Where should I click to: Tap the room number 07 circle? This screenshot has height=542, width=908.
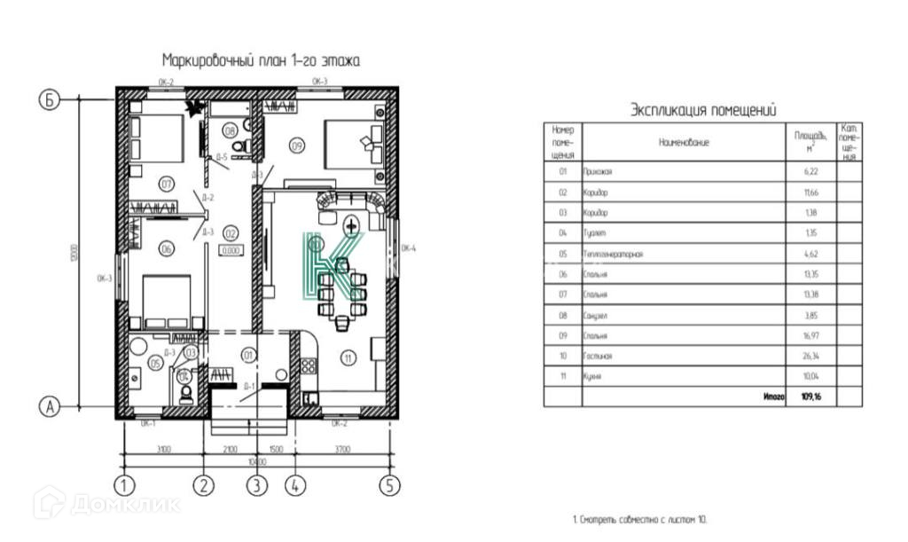165,184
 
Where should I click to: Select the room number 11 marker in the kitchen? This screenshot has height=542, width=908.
349,358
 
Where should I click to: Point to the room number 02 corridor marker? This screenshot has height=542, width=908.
230,234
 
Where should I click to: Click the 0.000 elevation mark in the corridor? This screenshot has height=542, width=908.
230,251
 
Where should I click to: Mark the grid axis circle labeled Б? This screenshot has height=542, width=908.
50,100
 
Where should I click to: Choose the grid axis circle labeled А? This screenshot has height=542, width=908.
50,406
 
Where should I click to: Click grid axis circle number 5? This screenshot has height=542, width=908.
389,485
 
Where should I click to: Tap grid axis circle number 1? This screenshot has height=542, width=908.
124,485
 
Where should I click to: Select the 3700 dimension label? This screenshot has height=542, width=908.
340,450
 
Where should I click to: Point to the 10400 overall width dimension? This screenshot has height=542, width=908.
257,462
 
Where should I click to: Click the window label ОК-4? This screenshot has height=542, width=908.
409,249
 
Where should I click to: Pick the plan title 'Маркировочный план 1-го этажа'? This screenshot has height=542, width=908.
261,60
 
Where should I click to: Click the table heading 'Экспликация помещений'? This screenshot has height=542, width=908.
703,110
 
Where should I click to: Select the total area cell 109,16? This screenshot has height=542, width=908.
811,397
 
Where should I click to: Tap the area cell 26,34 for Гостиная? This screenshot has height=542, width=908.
811,357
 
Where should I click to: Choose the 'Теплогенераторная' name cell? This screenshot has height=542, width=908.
613,255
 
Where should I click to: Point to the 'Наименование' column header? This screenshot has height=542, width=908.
684,142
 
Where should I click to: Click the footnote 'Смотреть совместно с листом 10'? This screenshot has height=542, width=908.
639,519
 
